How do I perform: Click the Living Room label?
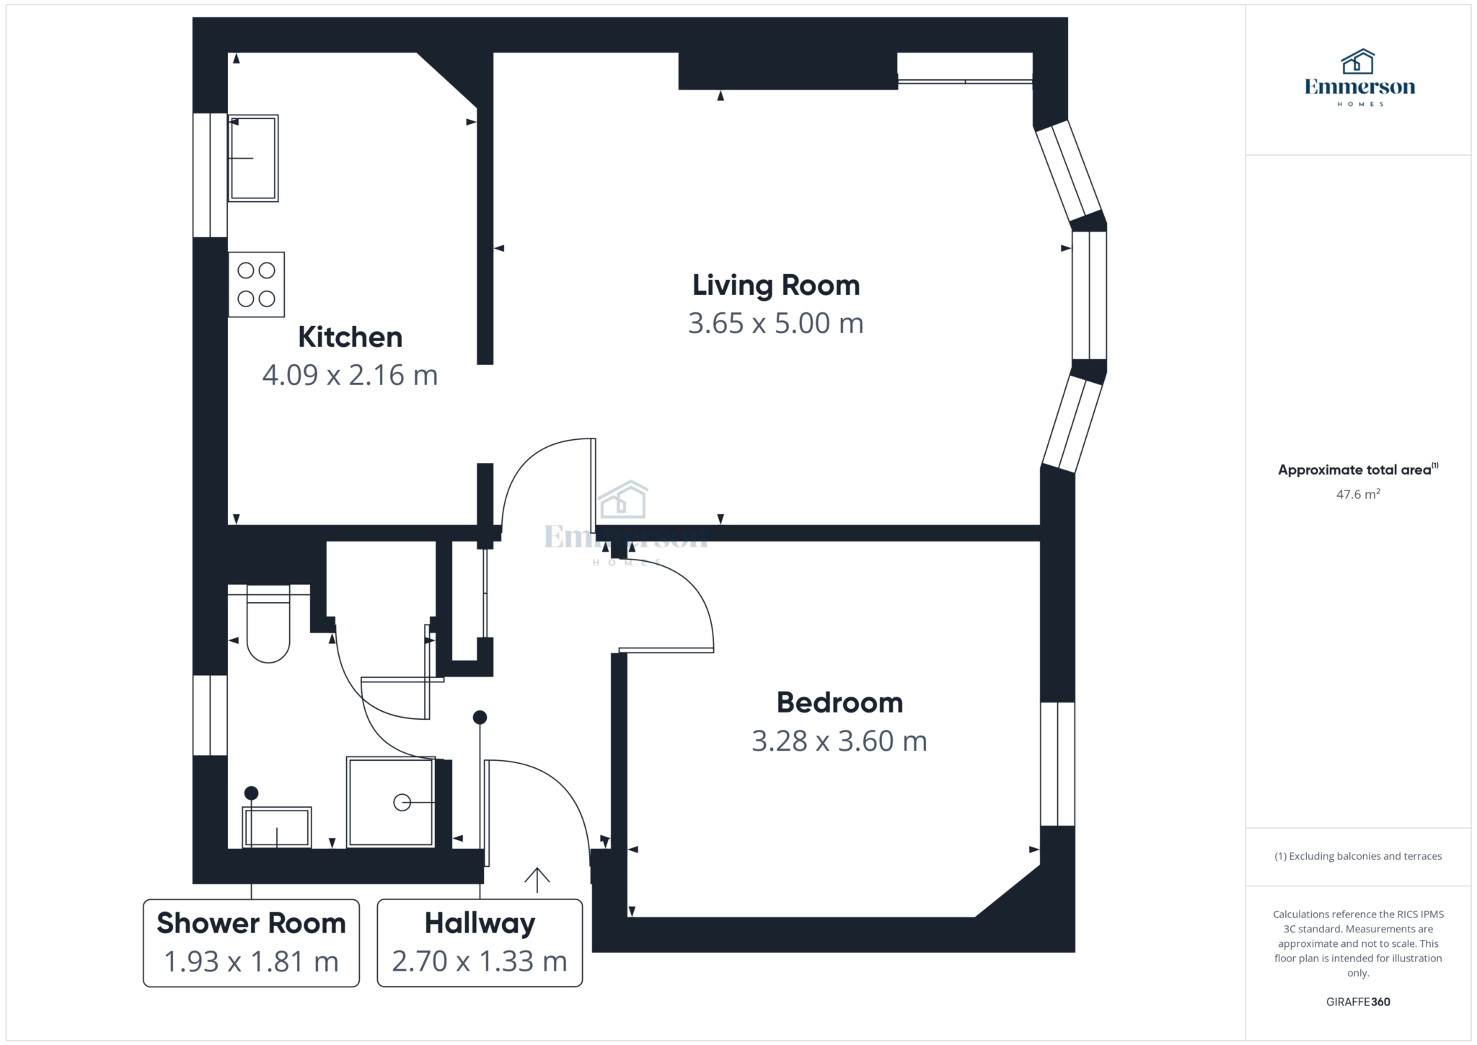click(776, 286)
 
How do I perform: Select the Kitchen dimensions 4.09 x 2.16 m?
click(350, 376)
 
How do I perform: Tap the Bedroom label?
click(839, 702)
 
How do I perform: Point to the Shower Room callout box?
click(251, 943)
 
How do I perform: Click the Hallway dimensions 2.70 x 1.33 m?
click(480, 961)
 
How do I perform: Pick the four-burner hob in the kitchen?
click(257, 284)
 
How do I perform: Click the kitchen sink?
click(253, 158)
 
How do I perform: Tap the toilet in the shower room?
click(268, 624)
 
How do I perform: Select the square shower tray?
click(391, 801)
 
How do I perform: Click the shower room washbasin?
click(278, 827)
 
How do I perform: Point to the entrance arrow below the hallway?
click(537, 880)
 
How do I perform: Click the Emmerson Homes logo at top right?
click(1359, 78)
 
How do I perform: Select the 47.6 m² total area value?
click(1358, 494)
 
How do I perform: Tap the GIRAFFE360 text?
click(1358, 1002)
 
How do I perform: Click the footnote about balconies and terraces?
click(1358, 856)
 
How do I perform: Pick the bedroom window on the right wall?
click(1057, 764)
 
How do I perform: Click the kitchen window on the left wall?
click(211, 175)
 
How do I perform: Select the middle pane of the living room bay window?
click(1089, 295)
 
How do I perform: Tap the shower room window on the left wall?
click(211, 715)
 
